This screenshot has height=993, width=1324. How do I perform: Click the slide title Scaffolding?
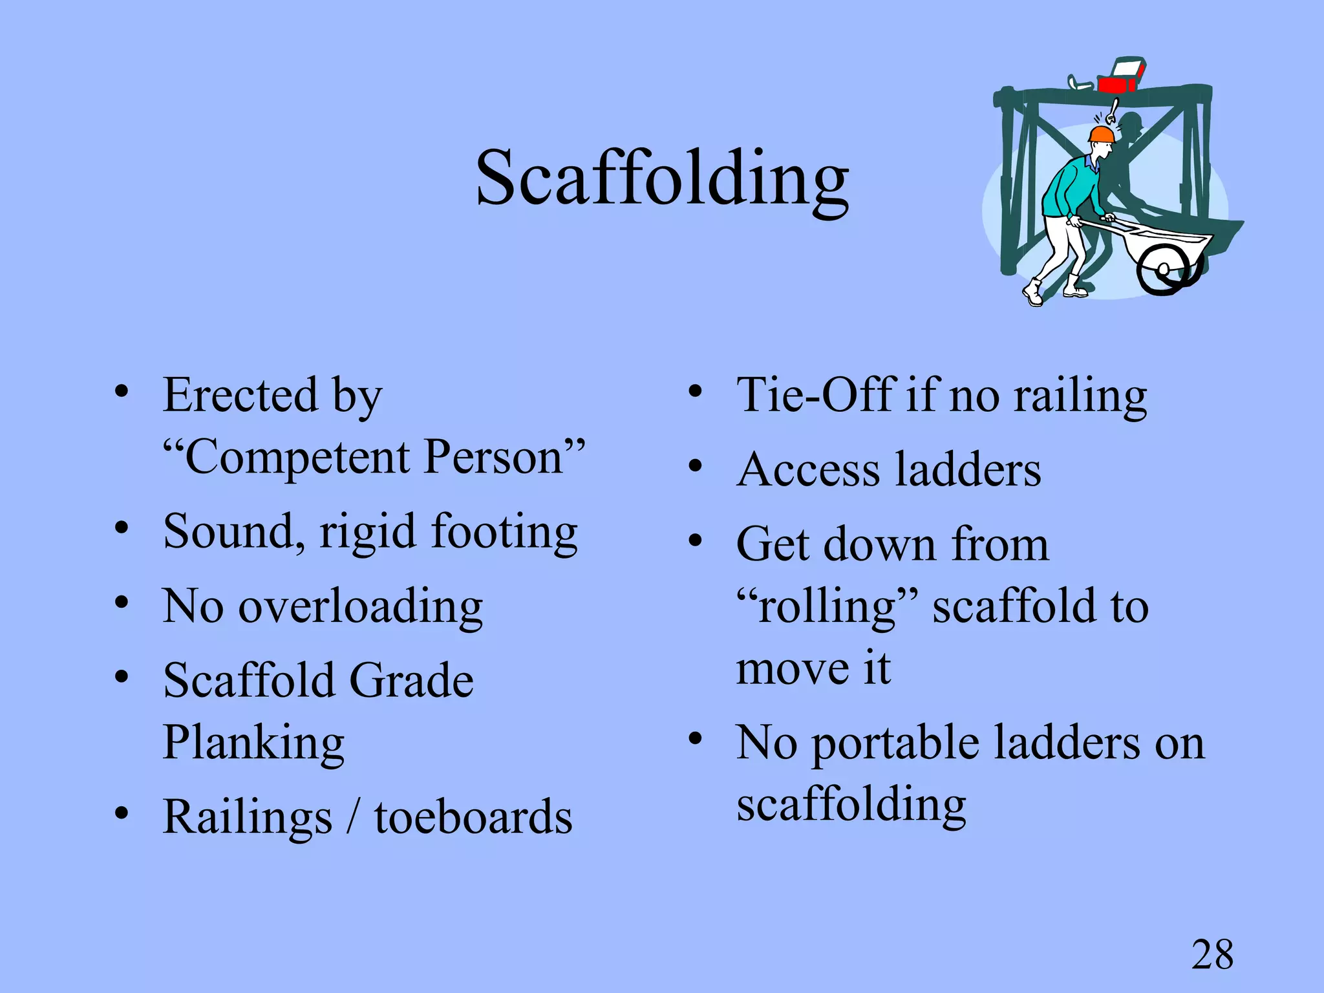(662, 178)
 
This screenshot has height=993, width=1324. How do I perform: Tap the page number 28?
(1212, 954)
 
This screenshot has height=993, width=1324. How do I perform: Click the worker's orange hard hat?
(1101, 134)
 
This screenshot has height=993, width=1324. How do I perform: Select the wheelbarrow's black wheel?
(1162, 270)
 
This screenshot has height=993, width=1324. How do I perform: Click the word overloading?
(361, 607)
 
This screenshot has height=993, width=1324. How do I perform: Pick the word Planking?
(253, 743)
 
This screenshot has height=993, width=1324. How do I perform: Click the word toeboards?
(473, 817)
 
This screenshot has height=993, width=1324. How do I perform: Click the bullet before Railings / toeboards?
(122, 813)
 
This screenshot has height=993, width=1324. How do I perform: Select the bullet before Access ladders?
(696, 466)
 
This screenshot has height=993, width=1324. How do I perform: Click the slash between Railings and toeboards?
(353, 817)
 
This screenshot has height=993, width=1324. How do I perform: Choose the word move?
(791, 669)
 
